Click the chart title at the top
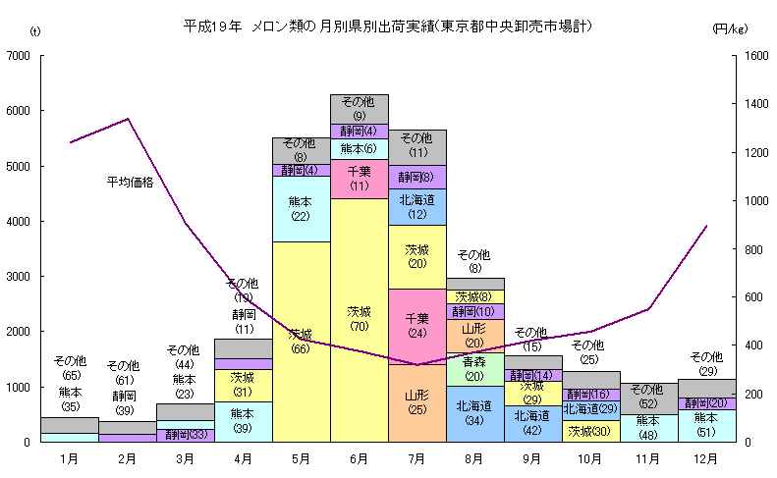tap(387, 24)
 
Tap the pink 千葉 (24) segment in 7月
tap(417, 325)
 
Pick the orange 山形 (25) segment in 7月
tap(417, 402)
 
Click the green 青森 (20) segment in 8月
tap(475, 368)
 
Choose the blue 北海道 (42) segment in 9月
tap(533, 423)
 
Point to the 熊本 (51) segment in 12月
tap(706, 424)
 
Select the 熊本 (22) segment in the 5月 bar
tap(301, 208)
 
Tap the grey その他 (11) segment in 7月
tap(417, 146)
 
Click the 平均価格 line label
tap(131, 182)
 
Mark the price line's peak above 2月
tap(129, 119)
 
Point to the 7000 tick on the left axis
tap(20, 56)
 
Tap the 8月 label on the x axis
tap(475, 457)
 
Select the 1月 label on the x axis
tap(70, 457)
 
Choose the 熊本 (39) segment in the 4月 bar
tap(244, 421)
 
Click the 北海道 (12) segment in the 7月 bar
tap(417, 206)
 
